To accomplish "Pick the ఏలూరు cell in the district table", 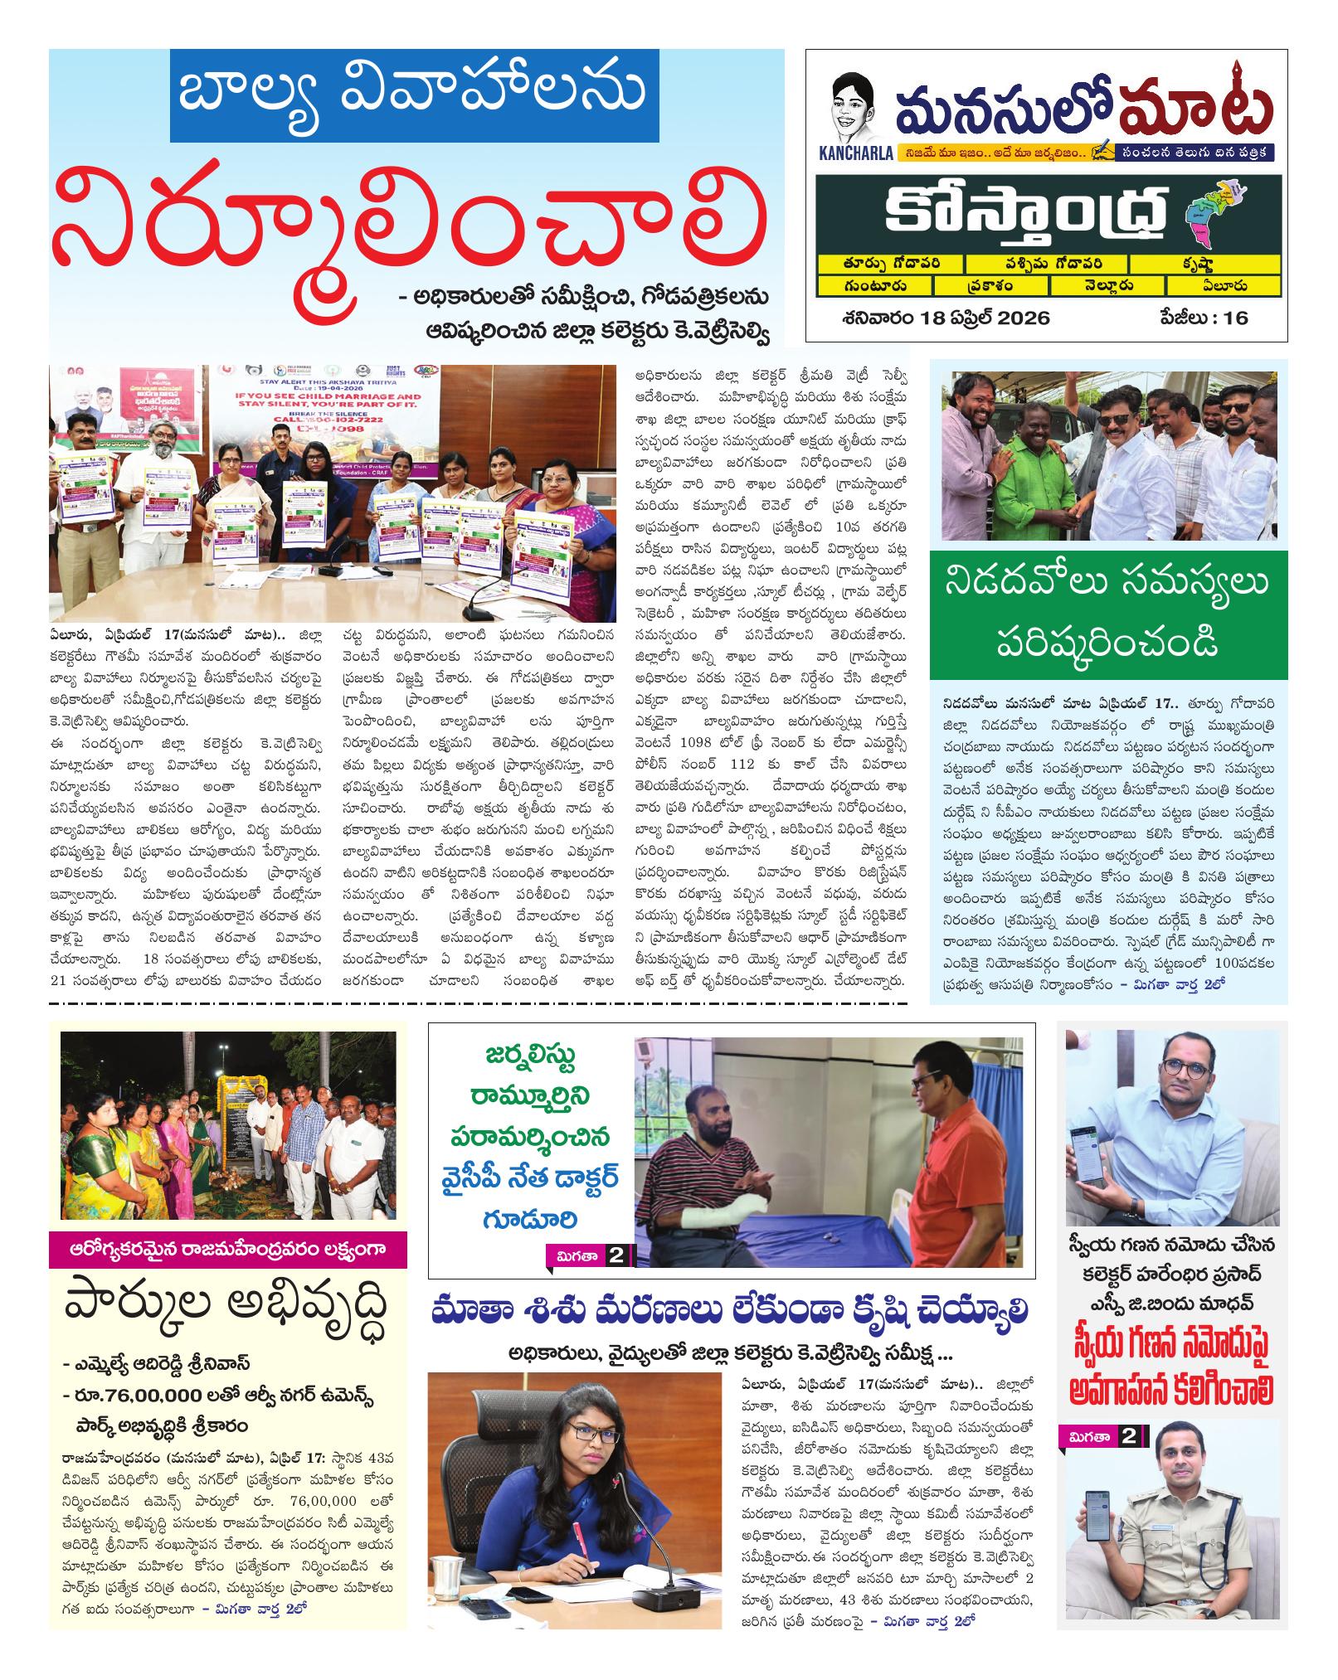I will coord(1222,286).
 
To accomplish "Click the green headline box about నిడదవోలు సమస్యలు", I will coord(1108,614).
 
